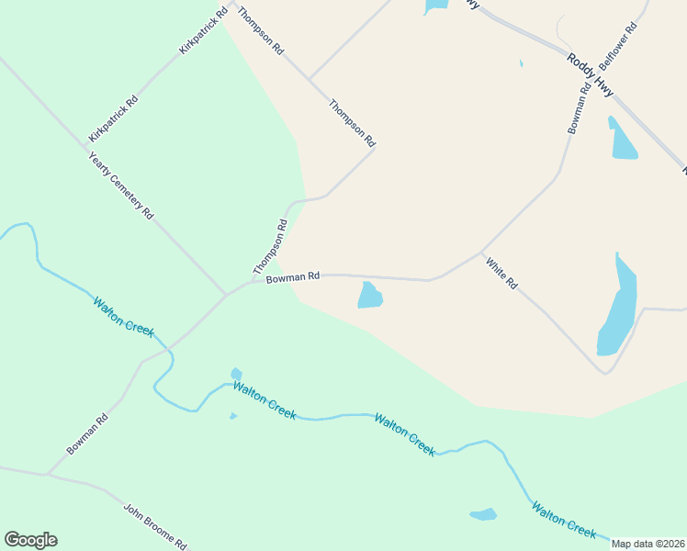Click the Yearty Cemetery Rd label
coord(120,185)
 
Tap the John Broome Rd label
coord(155,525)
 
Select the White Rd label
coord(501,273)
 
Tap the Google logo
coord(30,540)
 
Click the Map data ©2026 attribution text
coord(648,544)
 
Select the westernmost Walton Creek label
coord(123,317)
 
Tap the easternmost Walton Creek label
coord(564,519)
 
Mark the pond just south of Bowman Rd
coord(370,296)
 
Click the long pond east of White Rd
coord(617,306)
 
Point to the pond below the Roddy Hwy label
coord(622,140)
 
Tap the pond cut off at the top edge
coord(435,6)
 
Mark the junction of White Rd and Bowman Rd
coord(481,252)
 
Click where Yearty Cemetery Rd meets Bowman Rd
coord(226,294)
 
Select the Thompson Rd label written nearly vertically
coord(270,246)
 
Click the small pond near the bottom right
coord(483,514)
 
